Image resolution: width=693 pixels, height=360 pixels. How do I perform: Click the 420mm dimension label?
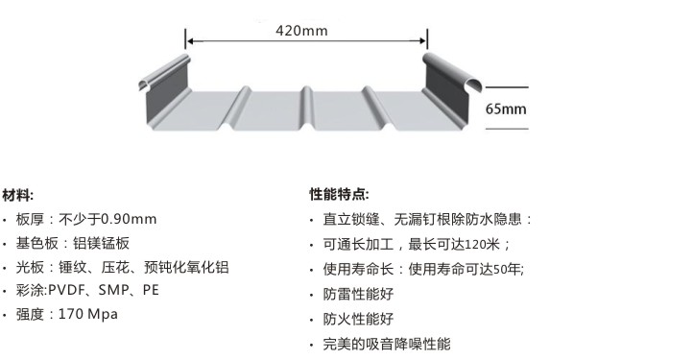(301, 30)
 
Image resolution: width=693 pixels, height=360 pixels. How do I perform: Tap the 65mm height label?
(506, 108)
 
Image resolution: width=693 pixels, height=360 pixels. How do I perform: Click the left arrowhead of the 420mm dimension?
(190, 41)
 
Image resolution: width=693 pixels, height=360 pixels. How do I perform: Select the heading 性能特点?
(339, 194)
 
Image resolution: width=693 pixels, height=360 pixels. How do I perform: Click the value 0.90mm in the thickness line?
(129, 219)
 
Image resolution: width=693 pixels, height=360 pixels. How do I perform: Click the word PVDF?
(66, 290)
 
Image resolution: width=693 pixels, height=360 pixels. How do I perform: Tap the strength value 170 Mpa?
(89, 314)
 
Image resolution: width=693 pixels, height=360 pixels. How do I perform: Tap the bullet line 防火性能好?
(358, 319)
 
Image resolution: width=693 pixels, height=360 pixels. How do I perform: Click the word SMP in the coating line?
(113, 290)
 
